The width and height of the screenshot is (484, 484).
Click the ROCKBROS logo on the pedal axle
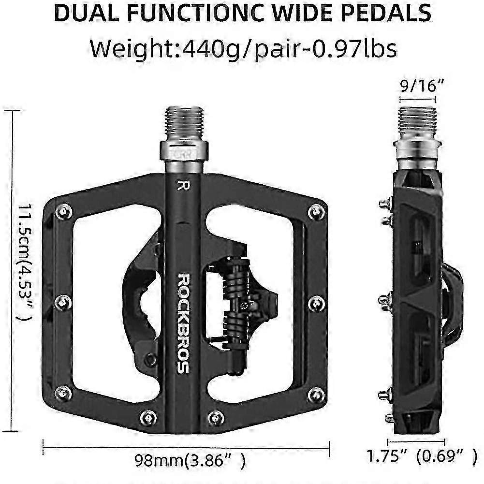183,323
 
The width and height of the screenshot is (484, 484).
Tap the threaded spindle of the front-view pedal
184,123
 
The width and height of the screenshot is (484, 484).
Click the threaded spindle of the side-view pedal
418,121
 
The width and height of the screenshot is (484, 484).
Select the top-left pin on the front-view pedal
64,211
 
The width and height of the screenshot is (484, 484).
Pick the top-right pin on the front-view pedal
316,212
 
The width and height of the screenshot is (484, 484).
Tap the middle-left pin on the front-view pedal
63,303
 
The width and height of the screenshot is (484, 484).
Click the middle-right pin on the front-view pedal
316,304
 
